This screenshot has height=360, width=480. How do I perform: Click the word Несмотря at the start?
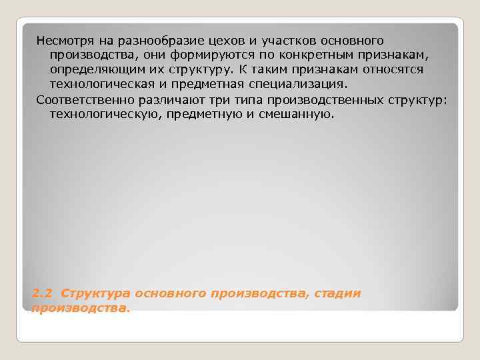pos(62,42)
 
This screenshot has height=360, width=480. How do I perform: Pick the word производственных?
pos(311,100)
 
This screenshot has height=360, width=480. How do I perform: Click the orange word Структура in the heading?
pos(95,293)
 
